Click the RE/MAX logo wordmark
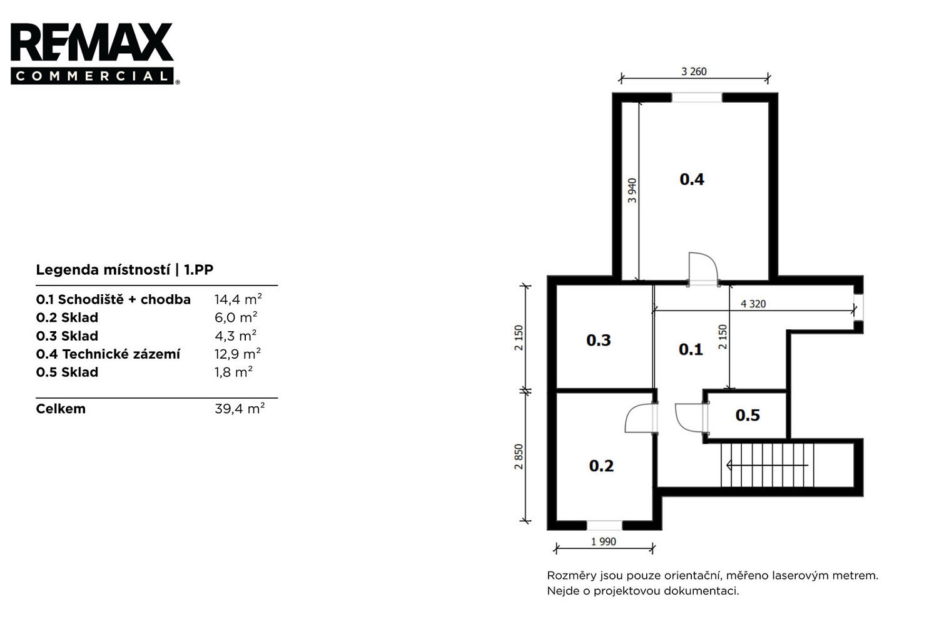92,43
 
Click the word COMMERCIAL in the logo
92,76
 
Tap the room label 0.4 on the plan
692,180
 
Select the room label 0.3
598,341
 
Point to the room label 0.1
691,349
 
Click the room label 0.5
748,416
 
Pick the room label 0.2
601,466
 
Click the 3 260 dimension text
694,72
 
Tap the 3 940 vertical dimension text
632,190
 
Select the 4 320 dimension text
753,304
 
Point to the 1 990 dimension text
603,541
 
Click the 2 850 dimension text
519,456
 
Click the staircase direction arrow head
729,465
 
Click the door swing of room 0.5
681,424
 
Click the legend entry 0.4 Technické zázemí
108,354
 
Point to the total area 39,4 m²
240,408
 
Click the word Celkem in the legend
61,409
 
